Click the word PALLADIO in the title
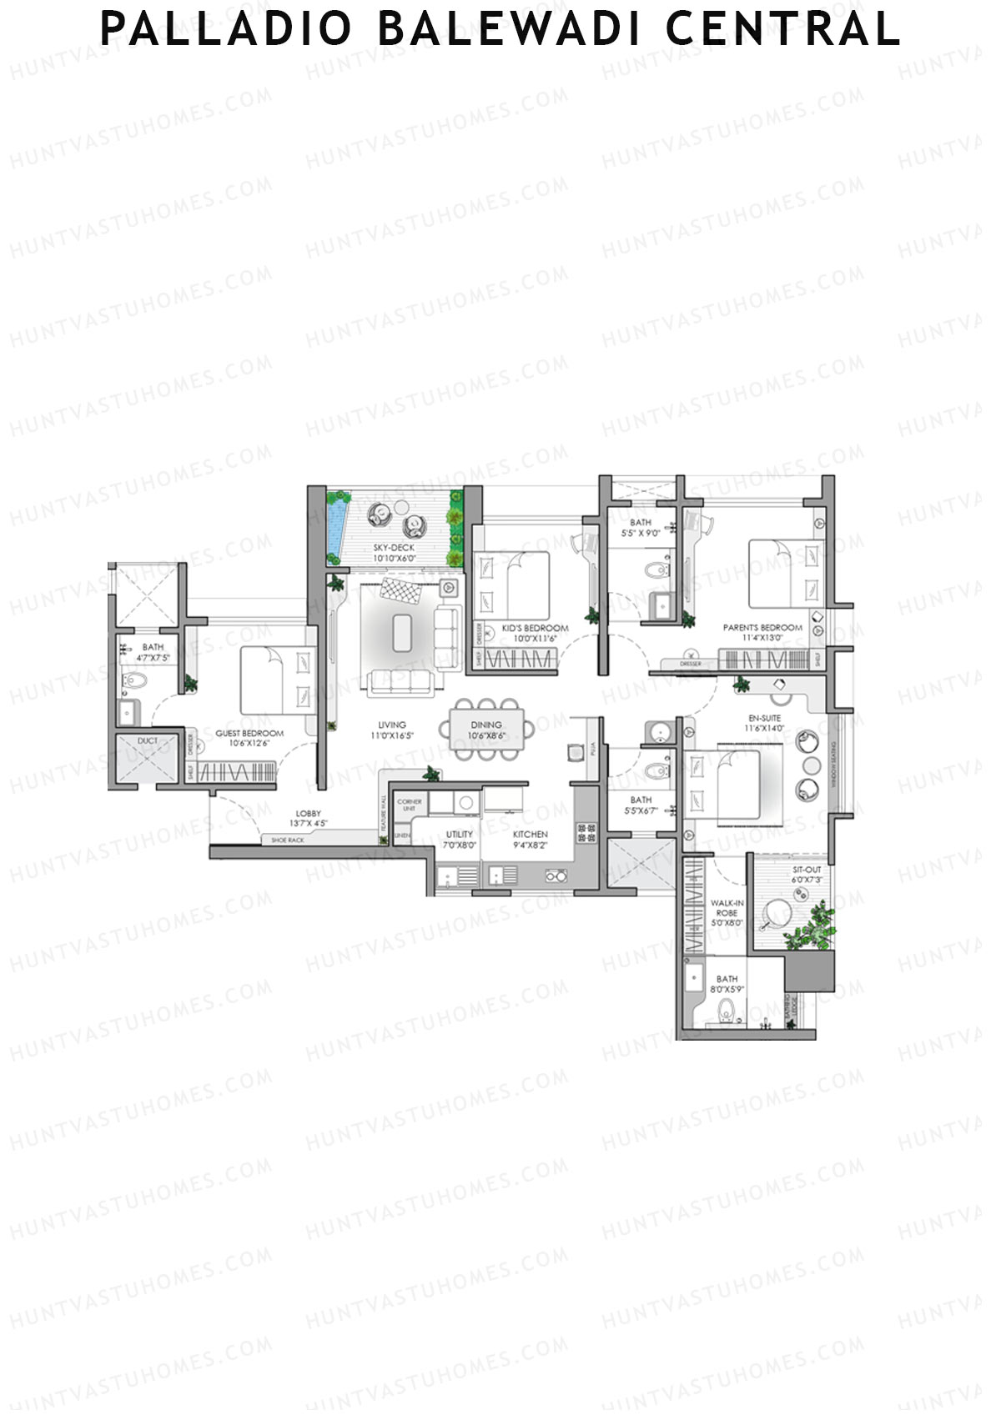coord(226,29)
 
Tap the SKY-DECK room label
coord(394,548)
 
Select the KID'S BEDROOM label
coord(535,628)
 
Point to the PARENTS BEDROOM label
coord(762,627)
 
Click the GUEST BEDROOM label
coord(249,734)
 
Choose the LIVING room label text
coord(391,725)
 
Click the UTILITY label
coord(459,834)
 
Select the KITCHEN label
coord(530,834)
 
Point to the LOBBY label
coord(308,814)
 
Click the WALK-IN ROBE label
coord(727,907)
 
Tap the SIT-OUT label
coord(807,870)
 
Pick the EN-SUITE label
coord(764,717)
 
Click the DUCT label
coord(148,740)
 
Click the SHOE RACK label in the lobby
coord(288,840)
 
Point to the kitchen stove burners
coord(586,831)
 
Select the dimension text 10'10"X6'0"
coord(394,559)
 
